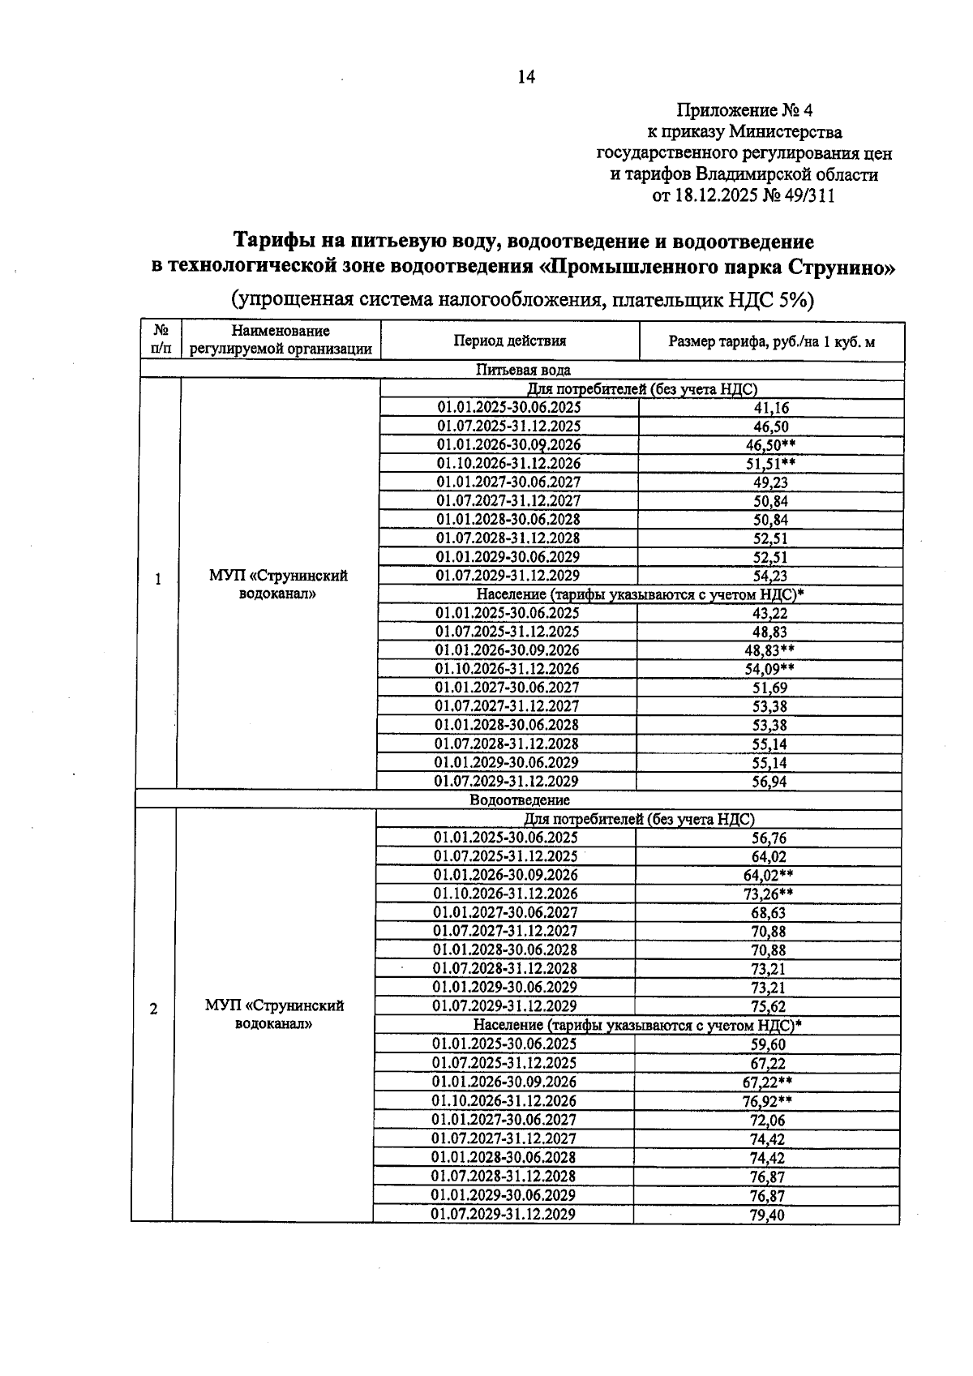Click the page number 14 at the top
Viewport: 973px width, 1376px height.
(526, 77)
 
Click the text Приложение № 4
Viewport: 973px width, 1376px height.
(744, 110)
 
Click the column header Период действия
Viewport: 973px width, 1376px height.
(509, 341)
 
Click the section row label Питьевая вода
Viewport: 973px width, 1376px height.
(522, 371)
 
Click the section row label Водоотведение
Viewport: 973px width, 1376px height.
(519, 800)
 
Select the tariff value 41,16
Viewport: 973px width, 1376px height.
(770, 409)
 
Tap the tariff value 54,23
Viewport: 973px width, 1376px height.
(770, 577)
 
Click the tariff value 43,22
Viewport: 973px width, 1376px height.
(770, 614)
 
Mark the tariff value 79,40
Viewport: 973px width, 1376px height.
(767, 1215)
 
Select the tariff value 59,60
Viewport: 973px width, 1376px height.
(768, 1045)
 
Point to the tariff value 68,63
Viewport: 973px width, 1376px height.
(768, 914)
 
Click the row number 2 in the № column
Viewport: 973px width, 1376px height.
(152, 1009)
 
